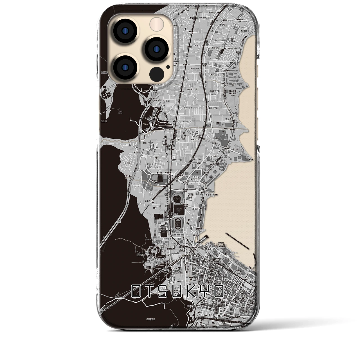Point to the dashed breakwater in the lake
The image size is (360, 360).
pos(237,240)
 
